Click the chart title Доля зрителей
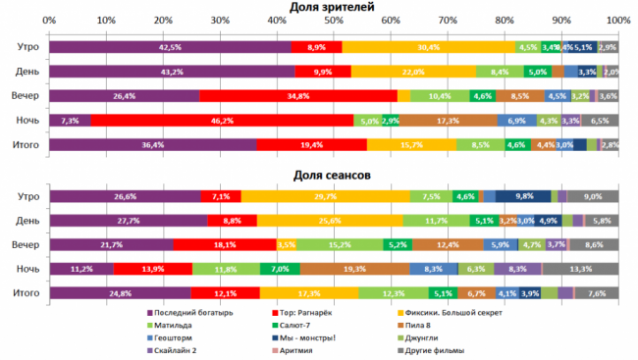click(x=333, y=7)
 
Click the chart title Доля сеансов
click(x=333, y=176)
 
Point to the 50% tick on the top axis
click(x=334, y=21)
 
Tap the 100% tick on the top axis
click(x=618, y=21)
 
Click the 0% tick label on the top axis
click(x=49, y=21)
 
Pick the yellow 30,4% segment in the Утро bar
click(x=428, y=47)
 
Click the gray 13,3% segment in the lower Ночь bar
click(x=581, y=269)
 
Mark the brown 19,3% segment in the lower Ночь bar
click(x=354, y=269)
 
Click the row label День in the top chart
click(x=27, y=72)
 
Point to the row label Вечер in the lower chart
click(x=27, y=244)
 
